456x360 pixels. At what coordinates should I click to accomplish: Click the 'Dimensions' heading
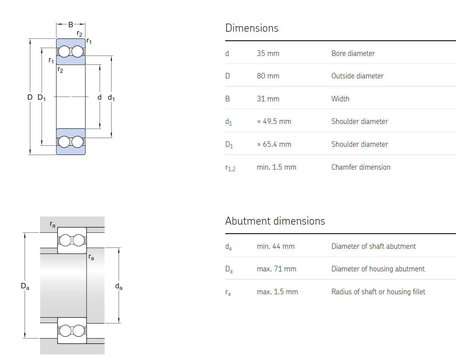tap(252, 28)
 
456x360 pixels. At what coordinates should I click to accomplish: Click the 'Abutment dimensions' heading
tap(275, 221)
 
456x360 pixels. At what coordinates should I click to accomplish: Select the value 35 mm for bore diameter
tap(268, 53)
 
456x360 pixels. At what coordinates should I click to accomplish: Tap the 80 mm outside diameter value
tap(268, 76)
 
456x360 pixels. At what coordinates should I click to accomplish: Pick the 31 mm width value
tap(268, 99)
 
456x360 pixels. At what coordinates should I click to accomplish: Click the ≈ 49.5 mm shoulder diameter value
tap(274, 121)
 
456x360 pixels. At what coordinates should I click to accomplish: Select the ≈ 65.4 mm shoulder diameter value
tap(274, 144)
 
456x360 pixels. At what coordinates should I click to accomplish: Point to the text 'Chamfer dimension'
tap(361, 167)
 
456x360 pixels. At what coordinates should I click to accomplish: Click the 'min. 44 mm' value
tap(276, 246)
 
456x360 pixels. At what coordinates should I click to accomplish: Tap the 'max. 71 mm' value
tap(276, 269)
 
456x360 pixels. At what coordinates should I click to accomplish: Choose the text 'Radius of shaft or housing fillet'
tap(378, 292)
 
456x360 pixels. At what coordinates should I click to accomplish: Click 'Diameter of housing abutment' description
tap(378, 269)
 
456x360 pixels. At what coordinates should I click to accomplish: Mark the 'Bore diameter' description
tap(353, 53)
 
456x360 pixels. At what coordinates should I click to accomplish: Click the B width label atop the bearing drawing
tap(71, 25)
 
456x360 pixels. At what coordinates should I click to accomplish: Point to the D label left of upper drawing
tap(30, 97)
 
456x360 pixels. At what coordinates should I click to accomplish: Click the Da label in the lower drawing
tap(25, 286)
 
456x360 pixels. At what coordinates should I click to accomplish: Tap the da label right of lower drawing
tap(119, 286)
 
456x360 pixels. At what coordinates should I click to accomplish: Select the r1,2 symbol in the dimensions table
tap(230, 168)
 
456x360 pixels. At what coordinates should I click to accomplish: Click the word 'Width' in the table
tap(340, 99)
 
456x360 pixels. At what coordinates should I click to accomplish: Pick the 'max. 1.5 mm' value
tap(277, 292)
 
